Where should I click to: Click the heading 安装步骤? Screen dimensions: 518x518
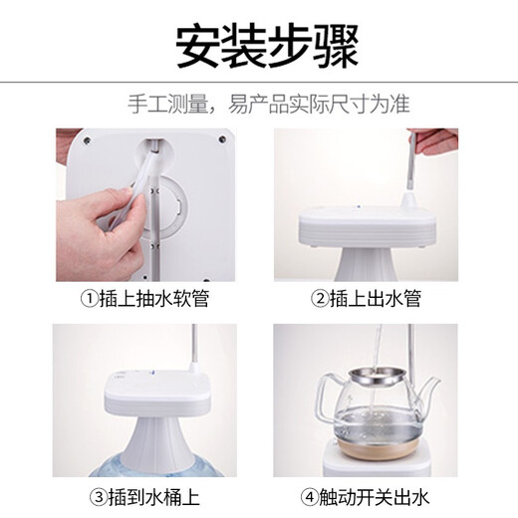[259, 45]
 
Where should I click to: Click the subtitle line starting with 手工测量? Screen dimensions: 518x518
[259, 104]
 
